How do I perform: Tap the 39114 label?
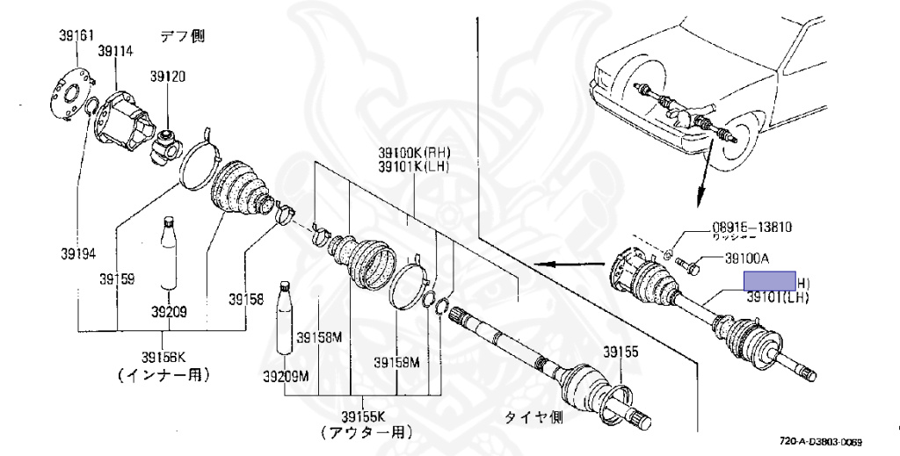point(115,52)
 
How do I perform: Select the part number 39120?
point(167,77)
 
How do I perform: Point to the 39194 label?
point(78,254)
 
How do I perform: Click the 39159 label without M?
point(116,279)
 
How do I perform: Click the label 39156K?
point(165,357)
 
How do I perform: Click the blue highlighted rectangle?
point(770,281)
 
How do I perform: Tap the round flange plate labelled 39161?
point(69,93)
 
